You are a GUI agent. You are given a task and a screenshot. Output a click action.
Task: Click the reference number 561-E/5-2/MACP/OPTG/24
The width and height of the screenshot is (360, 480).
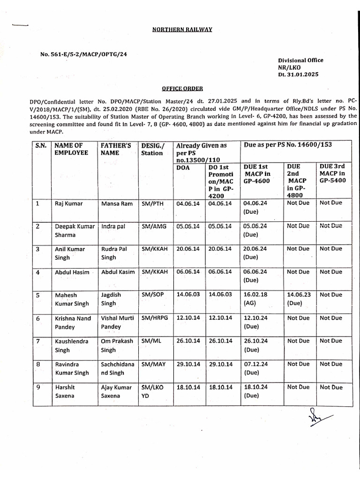click(x=83, y=54)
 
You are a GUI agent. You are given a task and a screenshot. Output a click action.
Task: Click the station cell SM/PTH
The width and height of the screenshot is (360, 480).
click(x=154, y=203)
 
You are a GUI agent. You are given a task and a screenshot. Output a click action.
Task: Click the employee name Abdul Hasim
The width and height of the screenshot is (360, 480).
click(x=72, y=272)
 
